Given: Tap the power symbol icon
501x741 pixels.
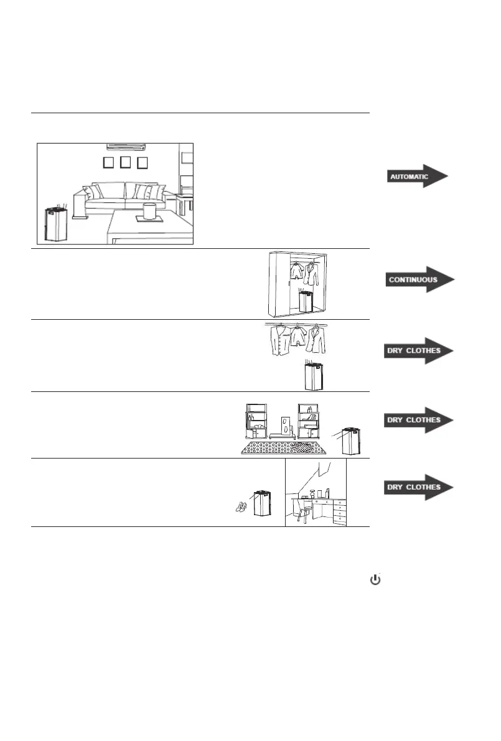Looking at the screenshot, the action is coord(375,579).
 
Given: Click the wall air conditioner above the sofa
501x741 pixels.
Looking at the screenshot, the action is coord(128,147).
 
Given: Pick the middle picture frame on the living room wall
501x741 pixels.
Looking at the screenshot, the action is coord(125,162).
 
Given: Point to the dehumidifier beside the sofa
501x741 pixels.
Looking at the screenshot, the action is coord(55,225).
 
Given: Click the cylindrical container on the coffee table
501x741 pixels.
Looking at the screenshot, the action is coord(149,210).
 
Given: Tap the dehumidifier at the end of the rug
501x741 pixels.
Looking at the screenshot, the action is coord(352,439).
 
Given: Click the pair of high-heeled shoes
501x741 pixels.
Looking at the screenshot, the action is coord(241,507).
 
